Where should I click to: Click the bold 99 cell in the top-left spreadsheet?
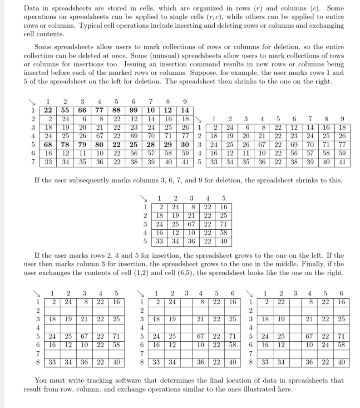point(134,110)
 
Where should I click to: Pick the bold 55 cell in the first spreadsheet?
point(65,110)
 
